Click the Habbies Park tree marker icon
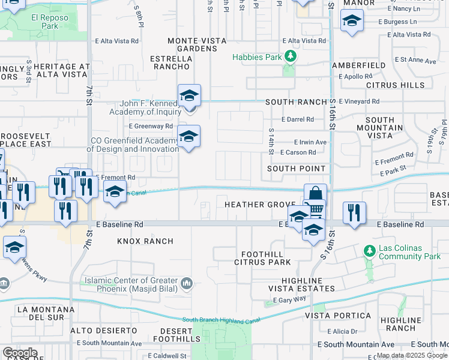(291, 57)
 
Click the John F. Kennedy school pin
(189, 95)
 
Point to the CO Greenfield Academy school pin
(188, 136)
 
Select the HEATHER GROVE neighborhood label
(260, 205)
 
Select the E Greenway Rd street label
(151, 126)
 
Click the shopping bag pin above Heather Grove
(315, 194)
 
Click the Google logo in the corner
(20, 353)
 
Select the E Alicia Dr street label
(342, 331)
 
